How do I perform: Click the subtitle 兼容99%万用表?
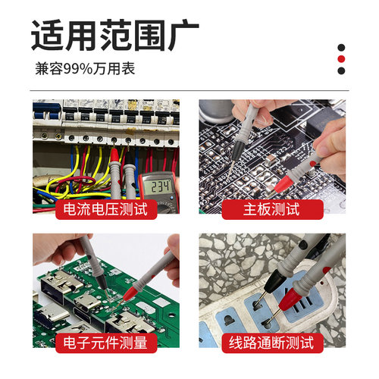(85, 68)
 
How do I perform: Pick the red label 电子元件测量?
(105, 342)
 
